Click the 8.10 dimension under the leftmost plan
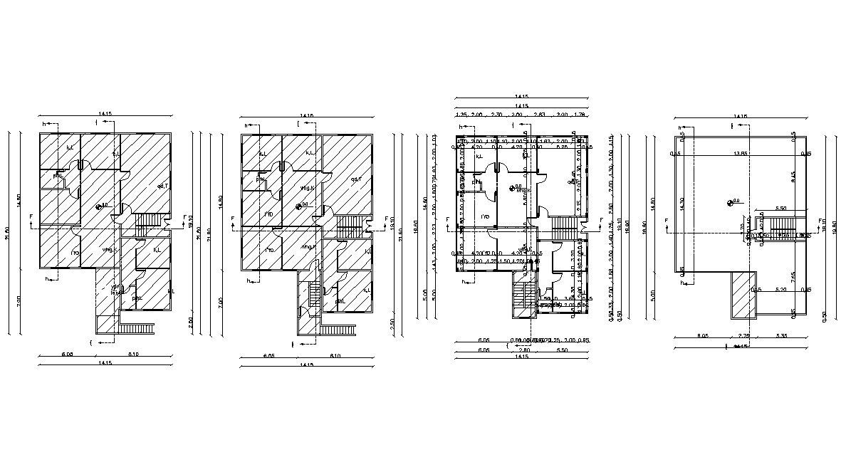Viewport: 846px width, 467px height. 133,355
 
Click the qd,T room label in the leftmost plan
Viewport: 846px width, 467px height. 162,186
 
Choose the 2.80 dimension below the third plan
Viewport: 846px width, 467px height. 523,350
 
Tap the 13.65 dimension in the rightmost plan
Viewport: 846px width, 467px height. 741,153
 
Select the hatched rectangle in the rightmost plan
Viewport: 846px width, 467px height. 741,295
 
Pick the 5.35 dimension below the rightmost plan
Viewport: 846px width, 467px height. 780,335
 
